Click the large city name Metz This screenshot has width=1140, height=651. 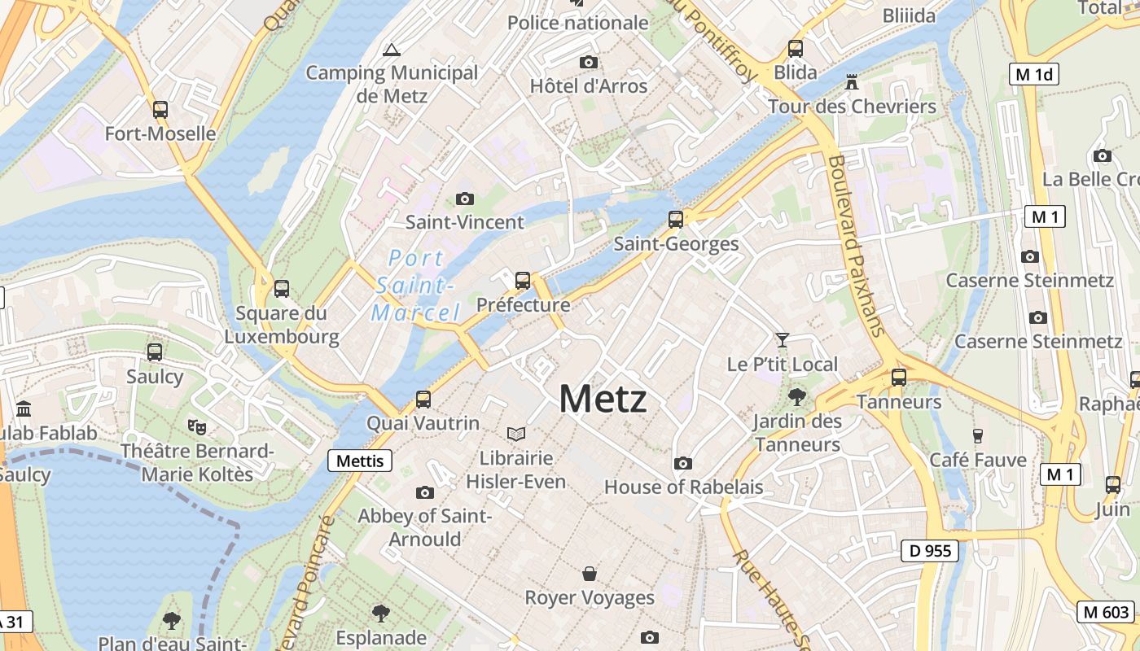[x=603, y=400]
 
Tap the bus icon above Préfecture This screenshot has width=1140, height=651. [x=523, y=281]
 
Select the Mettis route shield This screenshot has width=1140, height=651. [x=360, y=461]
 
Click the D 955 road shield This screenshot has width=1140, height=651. [x=930, y=551]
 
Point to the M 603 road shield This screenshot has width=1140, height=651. [x=1105, y=612]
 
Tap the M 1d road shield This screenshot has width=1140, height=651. [x=1034, y=74]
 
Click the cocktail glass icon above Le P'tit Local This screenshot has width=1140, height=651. [x=783, y=340]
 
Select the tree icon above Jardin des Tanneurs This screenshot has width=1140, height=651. [x=796, y=397]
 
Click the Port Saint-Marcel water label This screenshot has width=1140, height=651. [x=414, y=286]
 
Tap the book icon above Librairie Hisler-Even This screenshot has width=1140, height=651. [x=516, y=434]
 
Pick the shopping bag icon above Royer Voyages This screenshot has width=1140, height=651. [x=590, y=574]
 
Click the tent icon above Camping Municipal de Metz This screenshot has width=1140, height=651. [x=392, y=50]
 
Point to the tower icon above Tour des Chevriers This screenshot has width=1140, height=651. [x=852, y=82]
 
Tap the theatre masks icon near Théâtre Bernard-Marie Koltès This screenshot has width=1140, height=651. [x=197, y=426]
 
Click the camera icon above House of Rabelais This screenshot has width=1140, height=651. [x=683, y=463]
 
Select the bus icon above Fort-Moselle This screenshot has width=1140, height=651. [x=160, y=109]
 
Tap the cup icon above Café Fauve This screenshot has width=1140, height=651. [x=978, y=436]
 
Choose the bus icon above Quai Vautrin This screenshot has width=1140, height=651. [x=423, y=400]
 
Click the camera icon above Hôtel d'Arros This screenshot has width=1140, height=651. [x=589, y=62]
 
